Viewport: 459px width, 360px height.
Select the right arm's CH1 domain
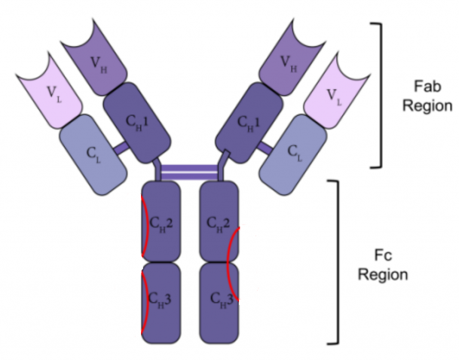(x=250, y=123)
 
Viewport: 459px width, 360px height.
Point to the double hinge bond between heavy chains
(x=189, y=172)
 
